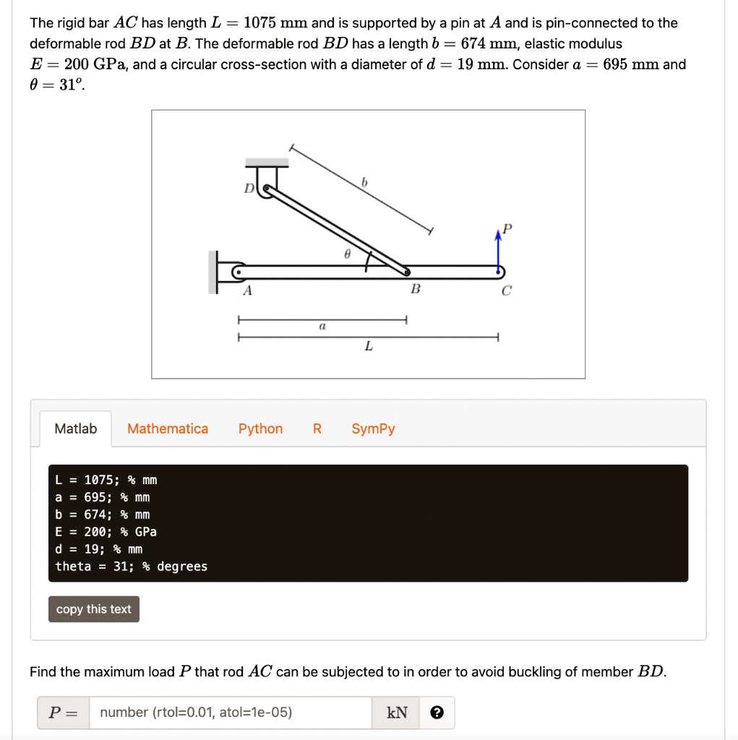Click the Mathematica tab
168,429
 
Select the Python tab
260,429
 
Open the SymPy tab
373,429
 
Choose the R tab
317,429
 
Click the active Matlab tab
75,429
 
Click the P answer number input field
230,713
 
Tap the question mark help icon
437,713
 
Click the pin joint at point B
407,272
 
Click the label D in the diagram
248,189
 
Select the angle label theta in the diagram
347,255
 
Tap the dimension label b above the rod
365,184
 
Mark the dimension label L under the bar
368,346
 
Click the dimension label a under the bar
322,327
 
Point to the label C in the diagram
506,291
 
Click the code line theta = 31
131,567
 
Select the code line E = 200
106,532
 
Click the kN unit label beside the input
398,713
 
